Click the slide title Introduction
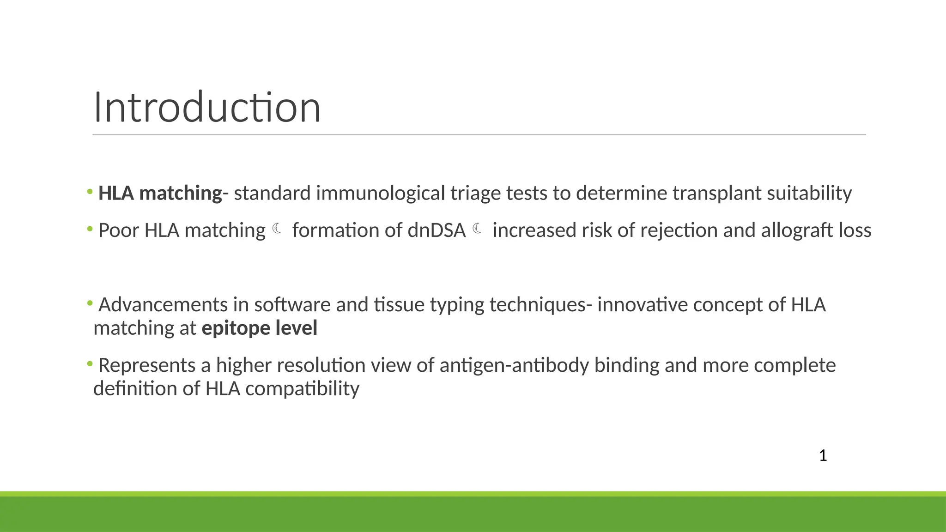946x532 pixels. coord(207,108)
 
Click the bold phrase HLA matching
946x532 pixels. coord(160,193)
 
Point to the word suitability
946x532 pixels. coord(809,193)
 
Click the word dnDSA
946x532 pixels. coord(437,230)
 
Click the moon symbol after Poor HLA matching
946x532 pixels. coord(277,229)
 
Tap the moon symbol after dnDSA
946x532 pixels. coord(477,229)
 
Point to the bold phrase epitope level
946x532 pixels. coord(260,328)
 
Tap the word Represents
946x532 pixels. coord(147,365)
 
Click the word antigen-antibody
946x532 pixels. coord(514,365)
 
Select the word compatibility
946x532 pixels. coord(302,389)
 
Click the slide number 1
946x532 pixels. coord(823,456)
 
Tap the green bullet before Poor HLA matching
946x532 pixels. coord(90,229)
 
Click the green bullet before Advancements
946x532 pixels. coord(90,303)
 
